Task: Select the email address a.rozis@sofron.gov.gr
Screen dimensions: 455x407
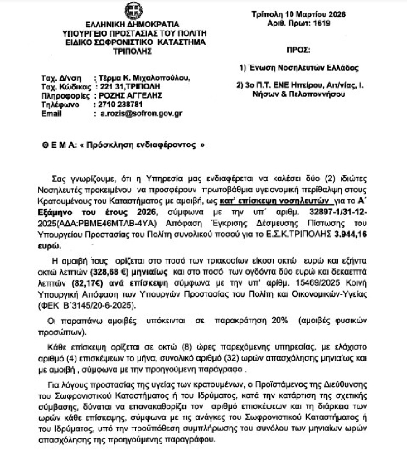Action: pyautogui.click(x=138, y=113)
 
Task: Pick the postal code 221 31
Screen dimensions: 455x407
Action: pyautogui.click(x=106, y=87)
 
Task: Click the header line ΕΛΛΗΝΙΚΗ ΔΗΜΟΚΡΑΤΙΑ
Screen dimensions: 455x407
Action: pyautogui.click(x=132, y=24)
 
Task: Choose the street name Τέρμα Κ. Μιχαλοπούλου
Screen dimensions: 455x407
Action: pyautogui.click(x=143, y=78)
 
